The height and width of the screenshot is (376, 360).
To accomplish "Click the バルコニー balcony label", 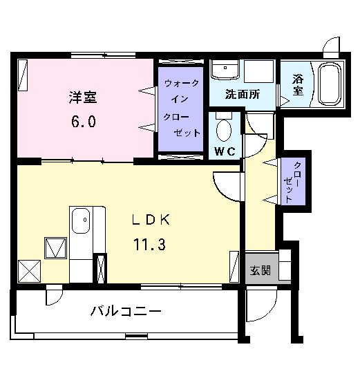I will pos(126,312).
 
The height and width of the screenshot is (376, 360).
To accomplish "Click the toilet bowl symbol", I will pos(224,129).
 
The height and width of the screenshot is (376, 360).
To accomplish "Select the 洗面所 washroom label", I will pos(243,95).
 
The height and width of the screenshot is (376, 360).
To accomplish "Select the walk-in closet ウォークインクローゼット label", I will pos(182,108).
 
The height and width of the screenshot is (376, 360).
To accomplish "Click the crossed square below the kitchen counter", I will pos(29,270).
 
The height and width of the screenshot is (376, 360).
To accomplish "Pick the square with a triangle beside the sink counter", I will pos(54,247).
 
